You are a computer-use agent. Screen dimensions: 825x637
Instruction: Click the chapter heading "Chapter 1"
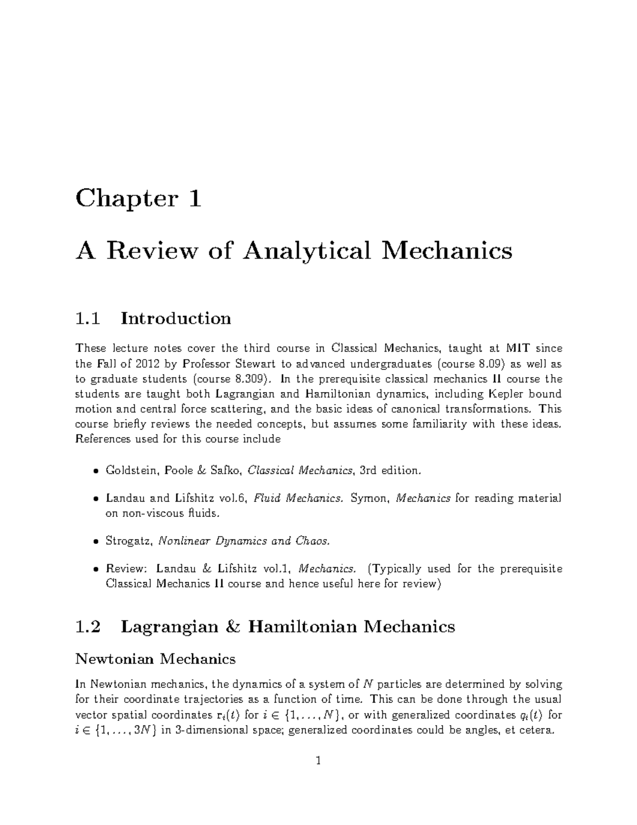coord(139,199)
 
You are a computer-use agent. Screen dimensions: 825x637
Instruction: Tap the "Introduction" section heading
coord(176,319)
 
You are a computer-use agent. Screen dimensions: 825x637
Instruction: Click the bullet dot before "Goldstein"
coord(96,471)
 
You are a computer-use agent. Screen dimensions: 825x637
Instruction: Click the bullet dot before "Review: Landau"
coord(96,569)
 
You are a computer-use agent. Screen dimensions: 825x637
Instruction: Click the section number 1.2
coord(88,627)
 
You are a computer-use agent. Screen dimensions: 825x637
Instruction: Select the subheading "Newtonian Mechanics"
coord(156,659)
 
